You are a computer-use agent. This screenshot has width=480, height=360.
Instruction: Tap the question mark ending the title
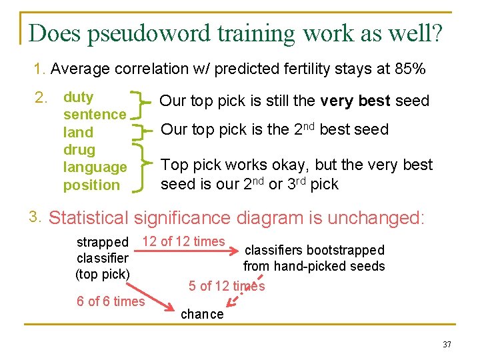pyautogui.click(x=436, y=33)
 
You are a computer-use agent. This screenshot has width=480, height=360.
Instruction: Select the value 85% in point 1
pyautogui.click(x=411, y=69)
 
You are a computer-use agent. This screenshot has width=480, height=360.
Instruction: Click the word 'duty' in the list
pyautogui.click(x=78, y=97)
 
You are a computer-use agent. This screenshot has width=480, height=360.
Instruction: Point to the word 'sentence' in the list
pyautogui.click(x=94, y=115)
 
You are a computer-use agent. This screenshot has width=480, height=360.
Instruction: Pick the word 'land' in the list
pyautogui.click(x=78, y=132)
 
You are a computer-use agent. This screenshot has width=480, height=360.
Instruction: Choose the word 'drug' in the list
pyautogui.click(x=79, y=150)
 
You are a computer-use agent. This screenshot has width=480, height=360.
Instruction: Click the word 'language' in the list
pyautogui.click(x=95, y=167)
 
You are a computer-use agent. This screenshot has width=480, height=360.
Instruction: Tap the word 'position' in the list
pyautogui.click(x=91, y=185)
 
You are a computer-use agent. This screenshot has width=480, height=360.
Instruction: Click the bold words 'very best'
pyautogui.click(x=356, y=101)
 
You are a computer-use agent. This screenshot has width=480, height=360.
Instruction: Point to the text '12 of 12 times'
pyautogui.click(x=184, y=241)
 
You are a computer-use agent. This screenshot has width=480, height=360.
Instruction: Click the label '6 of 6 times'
pyautogui.click(x=111, y=301)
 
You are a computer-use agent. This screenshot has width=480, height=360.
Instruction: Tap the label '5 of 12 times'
pyautogui.click(x=227, y=286)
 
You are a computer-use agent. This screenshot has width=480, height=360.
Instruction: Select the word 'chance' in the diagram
pyautogui.click(x=203, y=314)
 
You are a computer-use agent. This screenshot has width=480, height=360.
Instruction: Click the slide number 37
pyautogui.click(x=446, y=344)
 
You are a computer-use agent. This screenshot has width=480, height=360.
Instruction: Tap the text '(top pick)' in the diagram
pyautogui.click(x=102, y=273)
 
